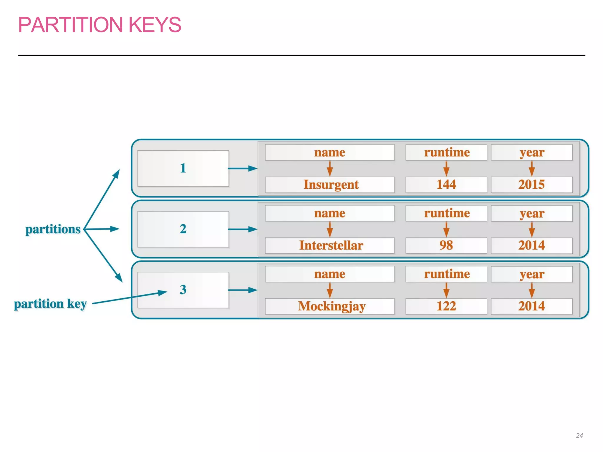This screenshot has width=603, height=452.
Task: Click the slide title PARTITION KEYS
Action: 100,25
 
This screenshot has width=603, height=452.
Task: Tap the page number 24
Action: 579,435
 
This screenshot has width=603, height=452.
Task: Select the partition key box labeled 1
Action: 183,168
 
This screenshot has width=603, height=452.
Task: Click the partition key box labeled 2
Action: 183,229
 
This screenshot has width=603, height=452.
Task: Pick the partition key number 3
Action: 183,290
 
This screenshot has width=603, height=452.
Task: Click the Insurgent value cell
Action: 330,185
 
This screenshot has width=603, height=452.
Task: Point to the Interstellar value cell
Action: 330,245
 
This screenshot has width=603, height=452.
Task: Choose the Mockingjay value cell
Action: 330,306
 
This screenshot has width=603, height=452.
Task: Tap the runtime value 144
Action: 446,185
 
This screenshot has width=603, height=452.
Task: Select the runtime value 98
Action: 446,245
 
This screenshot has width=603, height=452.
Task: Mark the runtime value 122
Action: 446,306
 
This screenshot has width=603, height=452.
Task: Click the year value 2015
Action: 531,185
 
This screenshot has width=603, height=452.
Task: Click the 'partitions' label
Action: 53,229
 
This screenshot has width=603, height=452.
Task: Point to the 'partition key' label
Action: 50,304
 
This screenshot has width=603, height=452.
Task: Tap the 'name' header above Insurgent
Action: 330,152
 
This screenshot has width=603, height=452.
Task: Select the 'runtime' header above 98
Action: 446,213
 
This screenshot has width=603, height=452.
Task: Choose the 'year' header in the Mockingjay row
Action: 531,274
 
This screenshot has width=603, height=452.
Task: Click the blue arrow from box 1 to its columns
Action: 243,168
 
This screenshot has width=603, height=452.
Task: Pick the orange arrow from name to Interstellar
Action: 330,229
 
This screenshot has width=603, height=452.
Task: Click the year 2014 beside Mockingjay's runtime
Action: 531,306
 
